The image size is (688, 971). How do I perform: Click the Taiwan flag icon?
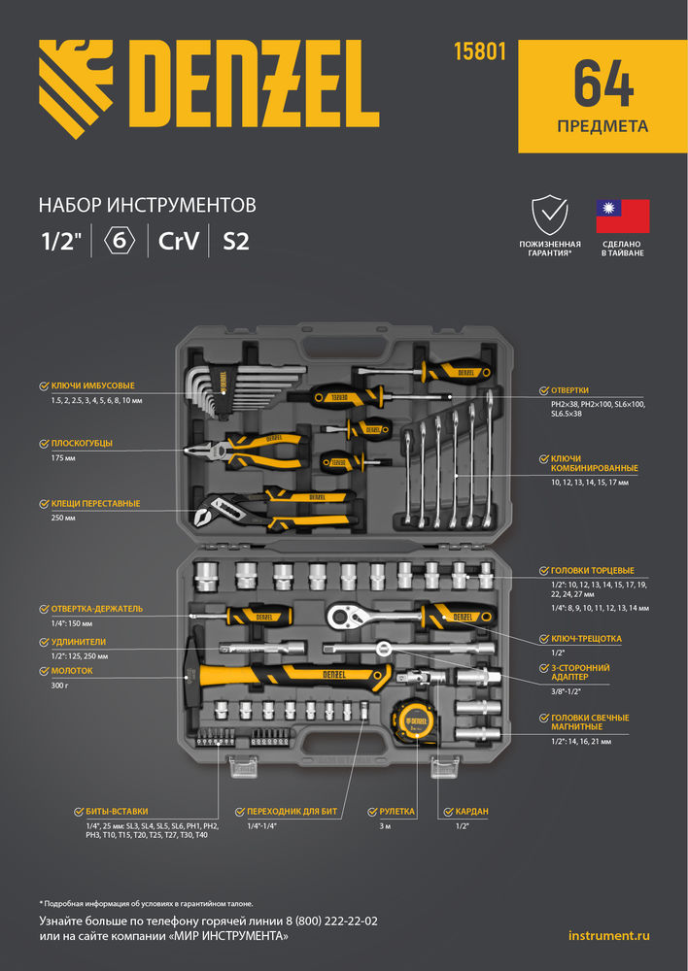pyautogui.click(x=623, y=214)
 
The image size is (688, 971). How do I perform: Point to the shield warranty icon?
pyautogui.click(x=550, y=214)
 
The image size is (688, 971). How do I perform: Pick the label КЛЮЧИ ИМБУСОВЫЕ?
pyautogui.click(x=93, y=386)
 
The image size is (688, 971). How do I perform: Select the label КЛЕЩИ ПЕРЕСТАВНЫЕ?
pyautogui.click(x=95, y=504)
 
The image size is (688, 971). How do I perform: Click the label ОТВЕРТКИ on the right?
pyautogui.click(x=576, y=390)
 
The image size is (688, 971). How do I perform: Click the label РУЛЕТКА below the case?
pyautogui.click(x=396, y=810)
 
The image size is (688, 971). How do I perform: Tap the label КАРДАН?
pyautogui.click(x=470, y=810)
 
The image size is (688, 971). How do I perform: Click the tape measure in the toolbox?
pyautogui.click(x=412, y=720)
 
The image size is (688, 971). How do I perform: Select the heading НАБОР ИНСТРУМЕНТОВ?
pyautogui.click(x=147, y=205)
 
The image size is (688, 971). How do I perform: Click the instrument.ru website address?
pyautogui.click(x=608, y=935)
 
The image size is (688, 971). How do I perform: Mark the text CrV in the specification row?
pyautogui.click(x=180, y=242)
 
